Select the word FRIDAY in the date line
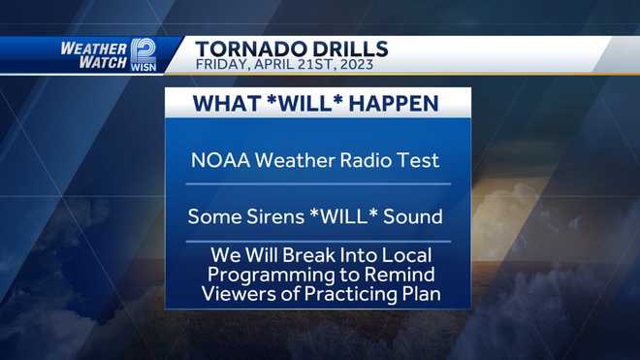(220, 66)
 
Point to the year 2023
(373, 66)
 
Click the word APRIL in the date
(276, 66)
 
